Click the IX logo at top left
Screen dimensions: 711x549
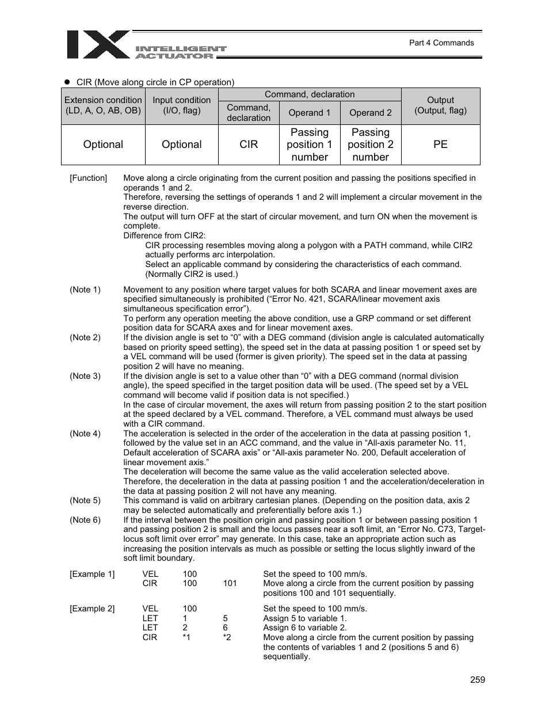point(98,45)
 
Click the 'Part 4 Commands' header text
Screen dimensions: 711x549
point(441,43)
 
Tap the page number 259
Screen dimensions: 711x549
point(477,679)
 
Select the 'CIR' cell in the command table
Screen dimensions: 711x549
point(249,145)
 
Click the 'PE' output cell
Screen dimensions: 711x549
point(440,145)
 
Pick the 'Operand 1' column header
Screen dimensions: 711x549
point(310,113)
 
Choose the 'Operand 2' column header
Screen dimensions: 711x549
point(371,113)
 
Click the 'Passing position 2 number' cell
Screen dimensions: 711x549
point(371,145)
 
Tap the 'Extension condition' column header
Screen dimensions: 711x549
point(103,105)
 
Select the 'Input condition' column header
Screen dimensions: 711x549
point(181,105)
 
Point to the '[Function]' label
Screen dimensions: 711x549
point(88,178)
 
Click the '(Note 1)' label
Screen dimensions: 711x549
point(85,290)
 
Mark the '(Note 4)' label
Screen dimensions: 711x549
point(85,434)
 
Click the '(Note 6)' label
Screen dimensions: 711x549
point(85,520)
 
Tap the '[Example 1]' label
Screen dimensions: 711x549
point(92,574)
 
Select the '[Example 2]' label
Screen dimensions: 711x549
point(92,609)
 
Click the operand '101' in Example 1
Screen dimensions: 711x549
point(230,583)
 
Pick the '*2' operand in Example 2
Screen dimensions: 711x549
point(227,637)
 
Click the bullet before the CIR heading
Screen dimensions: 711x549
point(66,82)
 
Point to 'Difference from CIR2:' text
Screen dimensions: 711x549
point(164,235)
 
